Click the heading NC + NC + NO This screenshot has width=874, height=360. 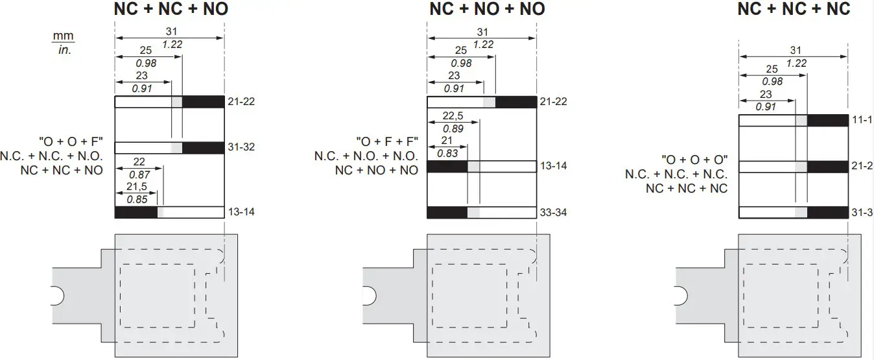171,9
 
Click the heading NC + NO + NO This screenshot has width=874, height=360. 487,9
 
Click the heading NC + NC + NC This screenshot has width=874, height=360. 794,9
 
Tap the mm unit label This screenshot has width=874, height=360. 63,36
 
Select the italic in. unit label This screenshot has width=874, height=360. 64,50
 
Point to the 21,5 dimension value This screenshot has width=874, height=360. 137,187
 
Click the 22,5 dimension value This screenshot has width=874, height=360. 453,116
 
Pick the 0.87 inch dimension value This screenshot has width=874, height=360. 139,174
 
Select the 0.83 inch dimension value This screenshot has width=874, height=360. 447,154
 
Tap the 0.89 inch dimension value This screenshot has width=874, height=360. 453,128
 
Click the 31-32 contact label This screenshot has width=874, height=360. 241,147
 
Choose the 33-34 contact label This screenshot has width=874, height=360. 553,213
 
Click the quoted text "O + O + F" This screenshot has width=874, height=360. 71,141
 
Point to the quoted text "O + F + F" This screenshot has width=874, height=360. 387,141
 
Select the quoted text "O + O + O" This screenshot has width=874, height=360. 695,160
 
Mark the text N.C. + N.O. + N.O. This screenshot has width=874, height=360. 366,156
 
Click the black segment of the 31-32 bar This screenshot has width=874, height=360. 204,148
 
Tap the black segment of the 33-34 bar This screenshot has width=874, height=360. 447,213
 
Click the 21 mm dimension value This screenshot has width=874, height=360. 447,141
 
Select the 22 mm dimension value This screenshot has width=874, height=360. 139,162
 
